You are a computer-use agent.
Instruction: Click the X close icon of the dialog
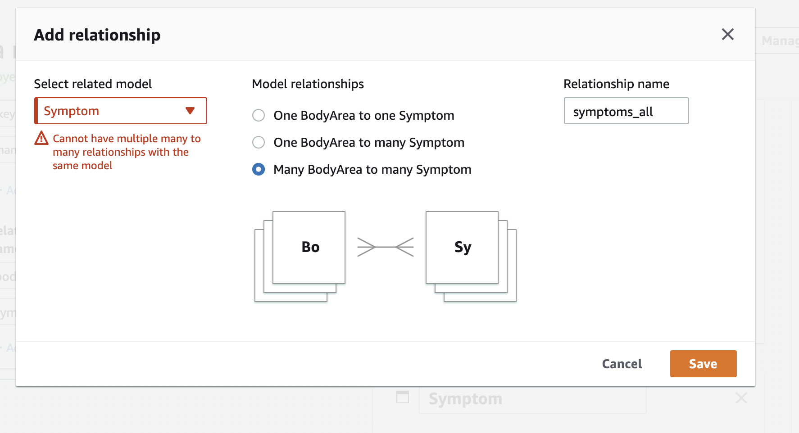coord(727,34)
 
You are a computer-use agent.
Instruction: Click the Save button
coord(703,364)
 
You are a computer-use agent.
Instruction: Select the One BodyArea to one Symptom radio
coord(259,116)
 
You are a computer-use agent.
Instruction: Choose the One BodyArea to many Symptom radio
coord(259,143)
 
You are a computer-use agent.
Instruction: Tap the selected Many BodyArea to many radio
coord(259,170)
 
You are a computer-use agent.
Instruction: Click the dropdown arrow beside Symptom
coord(190,111)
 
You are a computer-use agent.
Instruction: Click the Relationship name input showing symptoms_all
coord(626,111)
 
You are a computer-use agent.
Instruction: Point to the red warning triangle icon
coord(41,138)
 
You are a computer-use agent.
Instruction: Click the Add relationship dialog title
coord(97,35)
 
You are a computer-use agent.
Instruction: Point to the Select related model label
coord(93,84)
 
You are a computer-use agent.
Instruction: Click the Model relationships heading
coord(308,84)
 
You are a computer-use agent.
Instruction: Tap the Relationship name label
coord(616,84)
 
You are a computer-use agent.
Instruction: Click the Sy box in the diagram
coord(462,247)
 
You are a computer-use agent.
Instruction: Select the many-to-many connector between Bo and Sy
coord(386,247)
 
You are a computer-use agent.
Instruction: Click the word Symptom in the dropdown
coord(71,111)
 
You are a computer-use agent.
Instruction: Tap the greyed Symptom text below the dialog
coord(465,399)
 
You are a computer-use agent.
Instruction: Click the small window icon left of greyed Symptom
coord(402,397)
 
